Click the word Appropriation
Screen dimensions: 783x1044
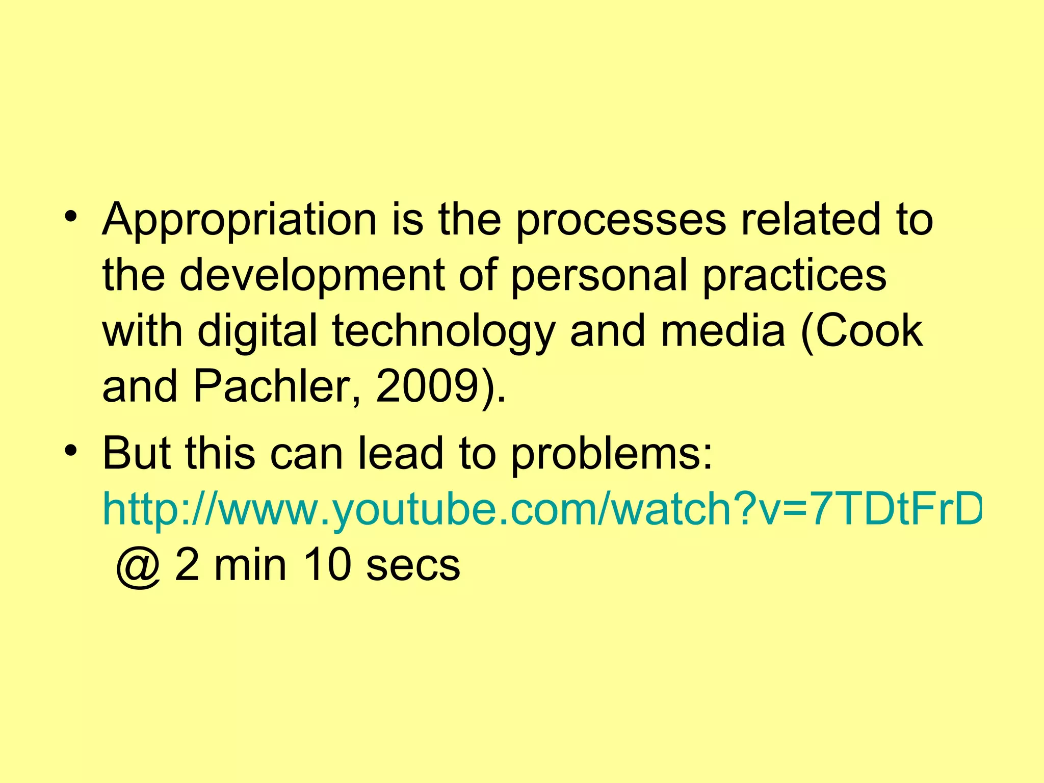pyautogui.click(x=239, y=220)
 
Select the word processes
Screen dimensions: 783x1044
pyautogui.click(x=621, y=220)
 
